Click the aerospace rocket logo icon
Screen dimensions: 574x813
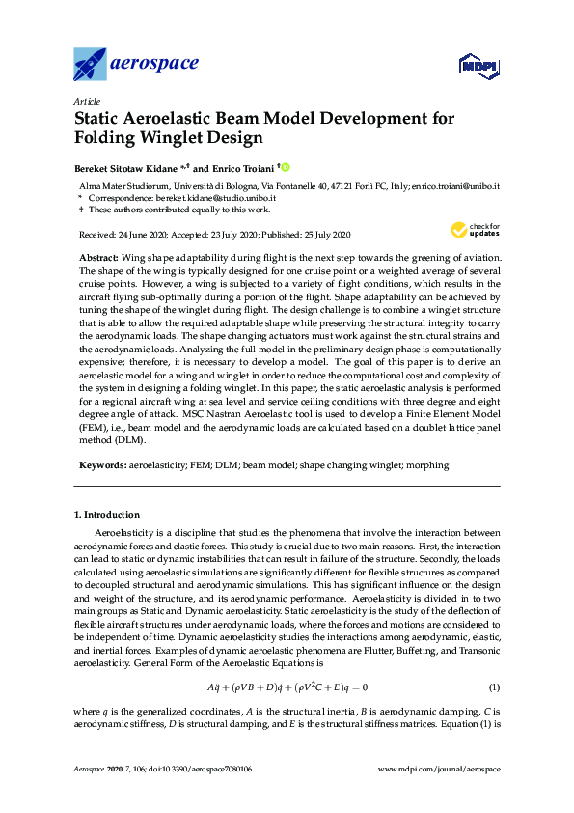click(x=90, y=65)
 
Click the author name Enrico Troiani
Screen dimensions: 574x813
click(x=240, y=166)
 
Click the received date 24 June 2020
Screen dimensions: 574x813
click(x=145, y=236)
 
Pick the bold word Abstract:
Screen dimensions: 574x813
click(x=98, y=257)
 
